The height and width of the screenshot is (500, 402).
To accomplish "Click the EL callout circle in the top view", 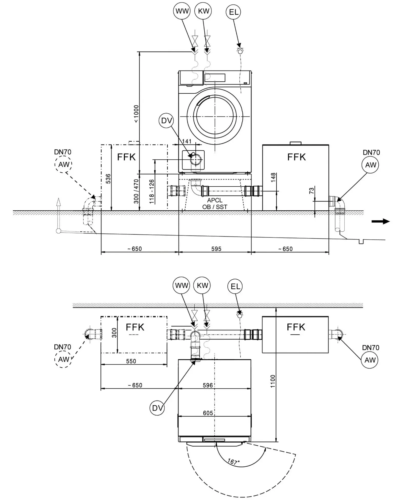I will [x=233, y=12].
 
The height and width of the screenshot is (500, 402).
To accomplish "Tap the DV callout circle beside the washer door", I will [x=166, y=120].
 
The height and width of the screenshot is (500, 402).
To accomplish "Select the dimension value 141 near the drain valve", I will [x=187, y=141].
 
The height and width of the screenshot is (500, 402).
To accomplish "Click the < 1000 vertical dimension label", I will [x=136, y=114].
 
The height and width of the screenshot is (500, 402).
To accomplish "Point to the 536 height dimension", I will [x=108, y=179].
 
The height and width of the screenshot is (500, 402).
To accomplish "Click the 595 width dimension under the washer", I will [x=216, y=249].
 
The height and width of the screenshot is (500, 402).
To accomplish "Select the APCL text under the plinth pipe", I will [x=215, y=200].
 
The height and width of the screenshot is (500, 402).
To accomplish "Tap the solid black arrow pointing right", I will [x=381, y=221].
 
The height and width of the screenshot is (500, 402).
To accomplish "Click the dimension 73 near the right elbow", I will [x=311, y=191].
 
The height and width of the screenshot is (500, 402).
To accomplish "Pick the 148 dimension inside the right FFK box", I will [x=273, y=178].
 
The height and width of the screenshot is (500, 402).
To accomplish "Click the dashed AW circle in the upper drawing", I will [x=63, y=164].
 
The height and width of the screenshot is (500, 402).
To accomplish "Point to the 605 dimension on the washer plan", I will [x=208, y=413].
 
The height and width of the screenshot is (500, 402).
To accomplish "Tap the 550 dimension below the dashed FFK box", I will [x=131, y=361].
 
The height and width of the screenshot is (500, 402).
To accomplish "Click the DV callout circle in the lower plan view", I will [x=157, y=408].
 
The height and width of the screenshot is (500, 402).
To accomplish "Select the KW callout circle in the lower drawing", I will [x=202, y=286].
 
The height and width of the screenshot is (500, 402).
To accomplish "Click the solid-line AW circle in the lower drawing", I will [x=370, y=360].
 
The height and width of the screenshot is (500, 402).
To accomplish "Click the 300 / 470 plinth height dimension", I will [x=136, y=191].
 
